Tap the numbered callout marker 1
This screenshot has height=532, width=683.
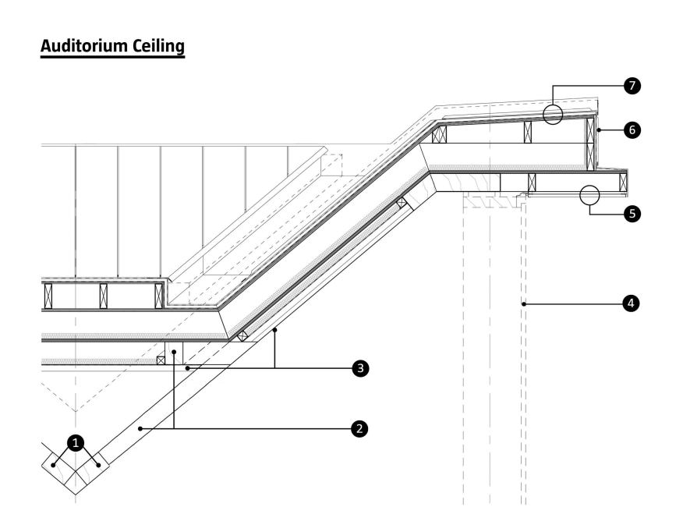(75, 443)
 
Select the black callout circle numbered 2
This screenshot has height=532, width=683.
(358, 428)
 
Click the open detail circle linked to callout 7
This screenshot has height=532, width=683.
(553, 115)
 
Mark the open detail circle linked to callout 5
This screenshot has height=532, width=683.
(590, 195)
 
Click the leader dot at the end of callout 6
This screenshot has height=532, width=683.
(599, 130)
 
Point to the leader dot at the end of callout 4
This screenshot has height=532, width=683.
(525, 303)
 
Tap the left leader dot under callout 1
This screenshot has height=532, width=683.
(53, 466)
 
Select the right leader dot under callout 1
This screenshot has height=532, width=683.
(98, 466)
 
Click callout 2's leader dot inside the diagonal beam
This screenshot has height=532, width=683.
(140, 428)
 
